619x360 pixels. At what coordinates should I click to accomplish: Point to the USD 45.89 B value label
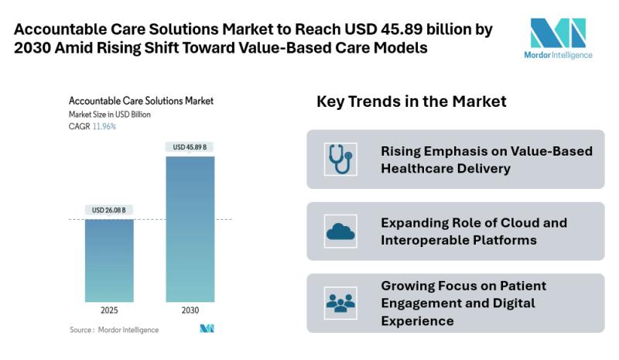coord(190,147)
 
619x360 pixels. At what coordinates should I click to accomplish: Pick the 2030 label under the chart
coord(190,310)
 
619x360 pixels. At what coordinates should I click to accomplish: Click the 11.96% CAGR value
coord(104,126)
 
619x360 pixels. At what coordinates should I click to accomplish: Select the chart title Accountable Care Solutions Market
coord(141,101)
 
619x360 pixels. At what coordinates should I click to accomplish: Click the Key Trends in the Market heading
coord(412,101)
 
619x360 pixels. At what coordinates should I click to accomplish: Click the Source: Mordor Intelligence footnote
coord(114,330)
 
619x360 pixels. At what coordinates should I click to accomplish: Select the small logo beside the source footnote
coord(207,329)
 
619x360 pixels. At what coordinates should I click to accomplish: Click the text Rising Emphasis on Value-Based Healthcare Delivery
coord(487,159)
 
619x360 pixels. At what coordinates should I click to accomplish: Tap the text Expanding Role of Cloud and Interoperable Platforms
coord(474,231)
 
